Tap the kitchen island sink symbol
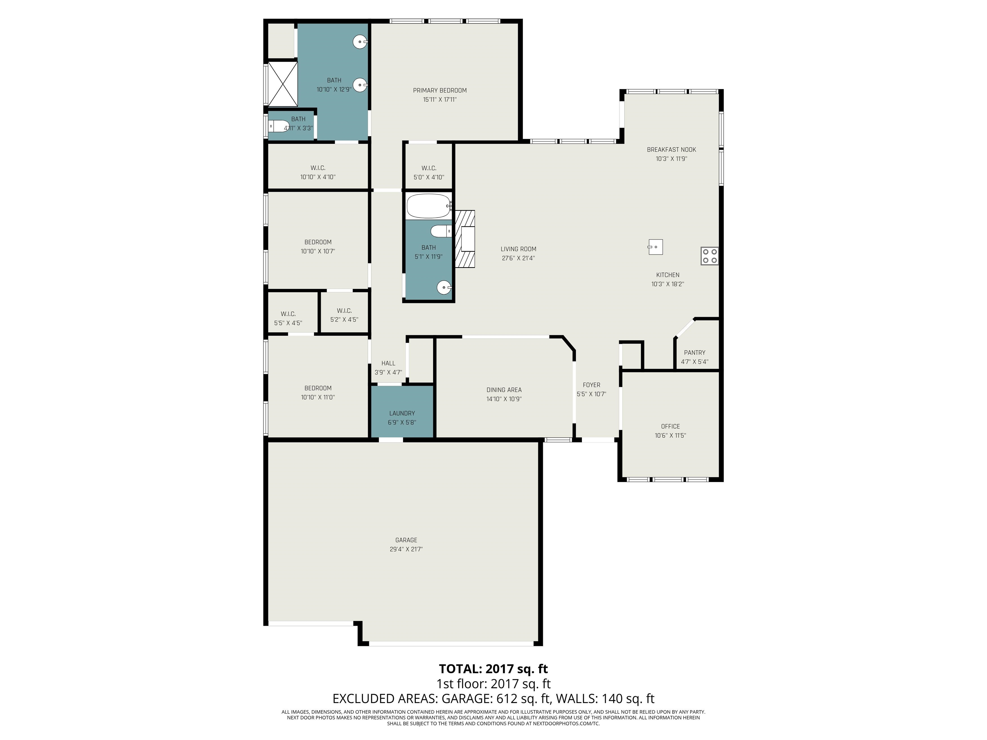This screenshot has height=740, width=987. pyautogui.click(x=655, y=247)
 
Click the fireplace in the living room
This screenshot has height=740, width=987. pyautogui.click(x=465, y=239)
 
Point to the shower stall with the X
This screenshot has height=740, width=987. pyautogui.click(x=282, y=84)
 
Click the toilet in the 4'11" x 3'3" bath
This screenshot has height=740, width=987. pyautogui.click(x=279, y=127)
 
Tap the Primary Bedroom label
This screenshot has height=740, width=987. pyautogui.click(x=440, y=91)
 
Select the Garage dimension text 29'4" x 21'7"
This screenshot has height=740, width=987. pyautogui.click(x=406, y=549)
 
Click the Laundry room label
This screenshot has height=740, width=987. pyautogui.click(x=402, y=413)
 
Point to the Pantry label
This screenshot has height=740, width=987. pyautogui.click(x=695, y=352)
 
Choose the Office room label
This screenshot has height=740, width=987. pyautogui.click(x=671, y=427)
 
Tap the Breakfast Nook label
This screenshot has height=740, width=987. pyautogui.click(x=671, y=149)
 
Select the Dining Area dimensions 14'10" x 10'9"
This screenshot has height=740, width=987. pyautogui.click(x=504, y=399)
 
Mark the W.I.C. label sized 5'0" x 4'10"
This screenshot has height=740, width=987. pyautogui.click(x=429, y=168)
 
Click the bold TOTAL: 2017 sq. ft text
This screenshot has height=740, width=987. pyautogui.click(x=493, y=669)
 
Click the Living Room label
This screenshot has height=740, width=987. pyautogui.click(x=519, y=249)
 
